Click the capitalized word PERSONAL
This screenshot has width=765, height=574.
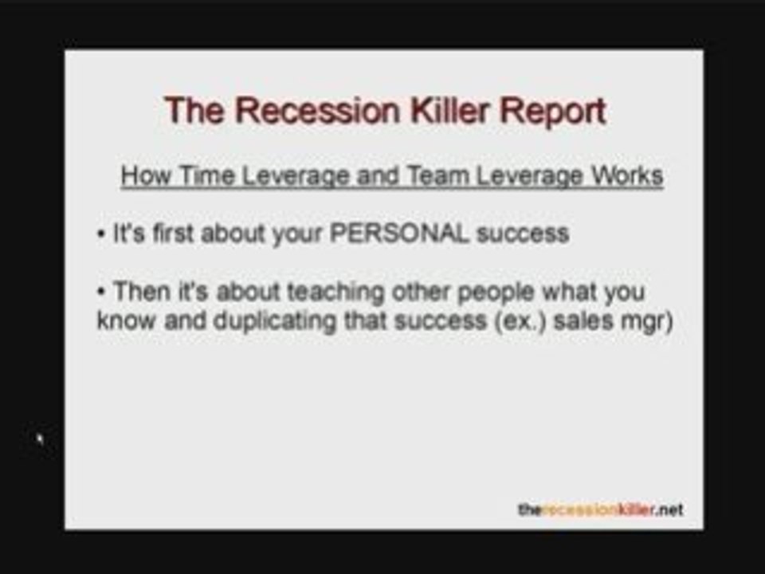point(399,234)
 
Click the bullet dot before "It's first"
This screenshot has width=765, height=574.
point(101,234)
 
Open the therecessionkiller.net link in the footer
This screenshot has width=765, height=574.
point(599,510)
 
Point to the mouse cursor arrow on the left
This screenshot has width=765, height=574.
point(40,438)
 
